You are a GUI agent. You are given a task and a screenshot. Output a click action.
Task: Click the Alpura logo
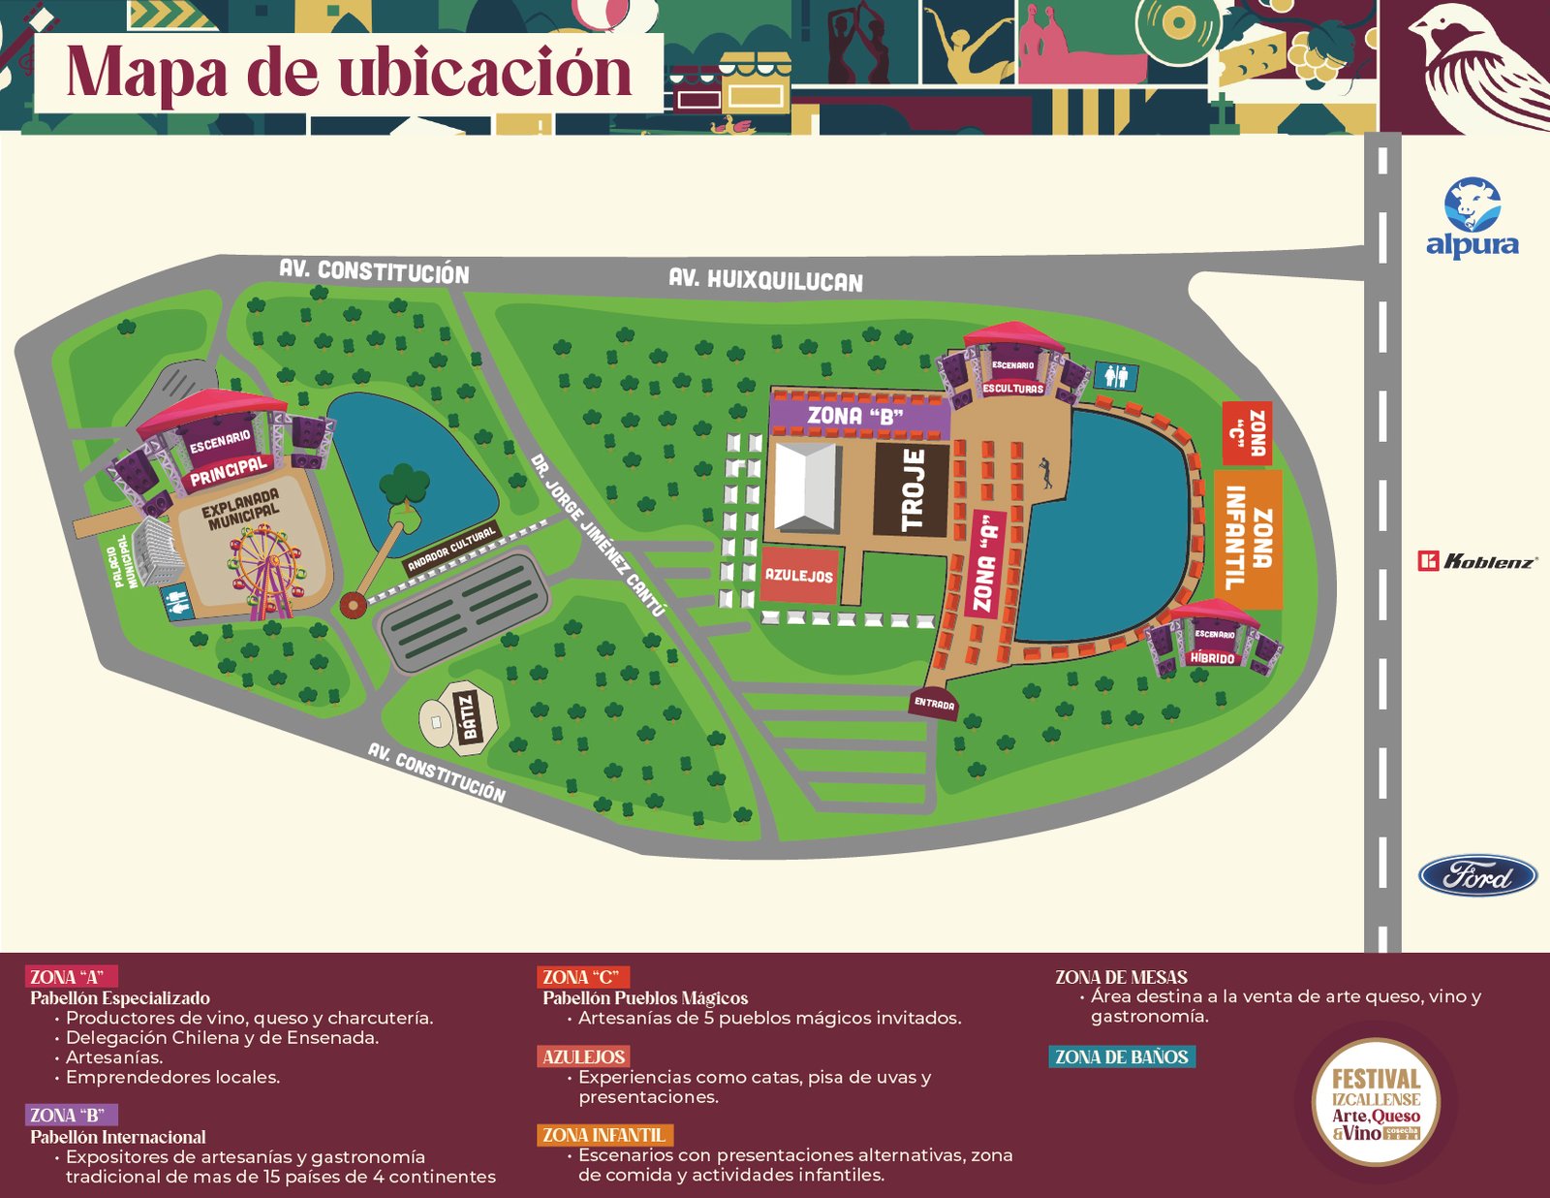click(1472, 219)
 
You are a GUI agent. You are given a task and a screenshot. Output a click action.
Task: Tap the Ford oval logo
click(1477, 876)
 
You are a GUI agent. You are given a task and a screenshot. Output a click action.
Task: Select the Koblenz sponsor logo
click(1477, 561)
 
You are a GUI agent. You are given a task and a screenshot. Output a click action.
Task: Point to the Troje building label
click(911, 489)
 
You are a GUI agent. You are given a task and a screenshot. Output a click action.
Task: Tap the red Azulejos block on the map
click(798, 575)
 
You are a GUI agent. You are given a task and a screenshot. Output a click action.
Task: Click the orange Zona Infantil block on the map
click(1248, 539)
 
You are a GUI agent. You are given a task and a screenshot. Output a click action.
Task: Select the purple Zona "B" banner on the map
click(856, 416)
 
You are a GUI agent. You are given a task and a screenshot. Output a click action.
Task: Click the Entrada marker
click(934, 704)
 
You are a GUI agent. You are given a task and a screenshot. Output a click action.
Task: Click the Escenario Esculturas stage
click(1013, 369)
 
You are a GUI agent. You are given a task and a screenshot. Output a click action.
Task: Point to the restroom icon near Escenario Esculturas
click(1117, 376)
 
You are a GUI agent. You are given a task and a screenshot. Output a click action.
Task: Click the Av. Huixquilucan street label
click(765, 280)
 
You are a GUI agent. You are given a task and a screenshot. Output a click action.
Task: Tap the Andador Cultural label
click(451, 550)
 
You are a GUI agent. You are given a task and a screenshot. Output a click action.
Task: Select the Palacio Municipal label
click(126, 561)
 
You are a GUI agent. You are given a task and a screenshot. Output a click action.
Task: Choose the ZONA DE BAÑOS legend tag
click(1121, 1056)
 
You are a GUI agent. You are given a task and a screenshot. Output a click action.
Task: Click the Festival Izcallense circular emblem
click(1376, 1102)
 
